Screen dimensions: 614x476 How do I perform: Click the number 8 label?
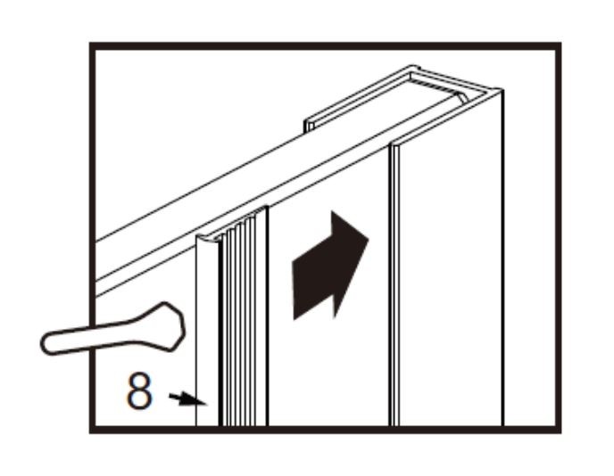tap(140, 391)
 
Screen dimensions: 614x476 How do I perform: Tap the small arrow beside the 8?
tap(187, 399)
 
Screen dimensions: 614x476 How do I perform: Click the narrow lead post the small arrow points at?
tap(207, 332)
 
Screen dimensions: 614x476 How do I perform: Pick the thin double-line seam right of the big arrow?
tap(394, 285)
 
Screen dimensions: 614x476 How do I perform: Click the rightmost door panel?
tap(451, 274)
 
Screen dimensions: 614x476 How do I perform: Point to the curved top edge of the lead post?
tap(208, 239)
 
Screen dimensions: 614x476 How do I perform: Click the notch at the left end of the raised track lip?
tap(310, 126)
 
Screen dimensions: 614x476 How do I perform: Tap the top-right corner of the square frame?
tap(558, 45)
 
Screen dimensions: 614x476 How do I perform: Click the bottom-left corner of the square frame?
tap(93, 430)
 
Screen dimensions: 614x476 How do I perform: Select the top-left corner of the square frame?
tap(93, 45)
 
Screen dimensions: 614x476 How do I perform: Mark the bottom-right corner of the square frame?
tap(558, 430)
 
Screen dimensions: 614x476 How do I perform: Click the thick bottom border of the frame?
tap(326, 430)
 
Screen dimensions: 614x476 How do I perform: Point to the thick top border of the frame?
tap(326, 45)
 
